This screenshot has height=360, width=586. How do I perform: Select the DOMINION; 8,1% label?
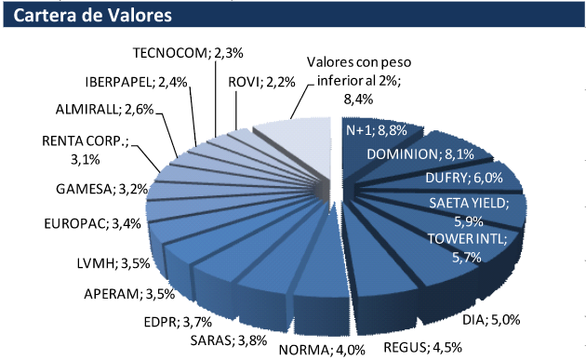pos(415,153)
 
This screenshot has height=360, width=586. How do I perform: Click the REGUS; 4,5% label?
pos(432,349)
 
